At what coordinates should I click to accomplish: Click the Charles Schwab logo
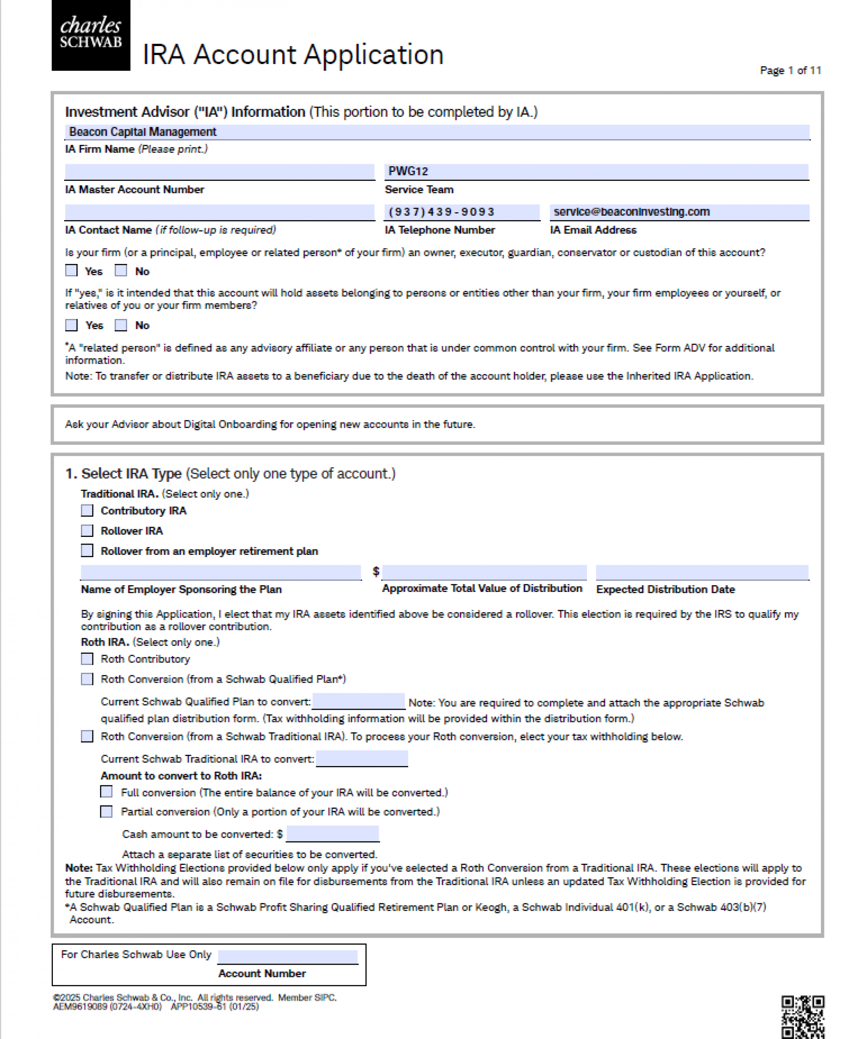(91, 35)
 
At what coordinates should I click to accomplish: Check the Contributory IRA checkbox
(87, 511)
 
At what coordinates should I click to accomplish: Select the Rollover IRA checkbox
(87, 531)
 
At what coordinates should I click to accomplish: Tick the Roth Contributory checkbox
(87, 659)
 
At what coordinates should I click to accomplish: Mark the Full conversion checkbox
(107, 792)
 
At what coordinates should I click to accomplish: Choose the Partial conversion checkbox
(107, 812)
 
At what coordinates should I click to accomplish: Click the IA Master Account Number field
(219, 172)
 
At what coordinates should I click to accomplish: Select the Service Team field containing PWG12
(596, 172)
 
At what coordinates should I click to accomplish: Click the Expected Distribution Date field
(702, 573)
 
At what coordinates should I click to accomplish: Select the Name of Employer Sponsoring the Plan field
(221, 573)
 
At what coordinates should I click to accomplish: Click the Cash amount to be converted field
(332, 834)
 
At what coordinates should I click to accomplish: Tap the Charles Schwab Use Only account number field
(288, 956)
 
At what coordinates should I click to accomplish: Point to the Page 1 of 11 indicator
(790, 71)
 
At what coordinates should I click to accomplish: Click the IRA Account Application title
(293, 55)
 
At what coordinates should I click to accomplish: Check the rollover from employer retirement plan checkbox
(87, 551)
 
